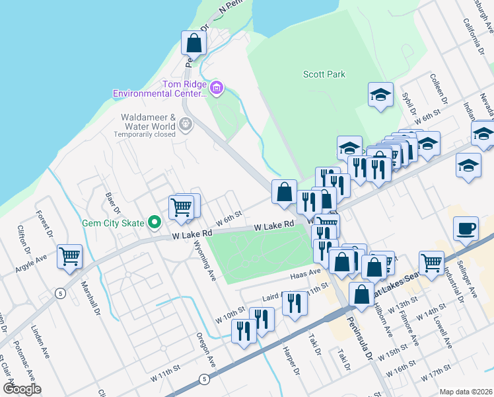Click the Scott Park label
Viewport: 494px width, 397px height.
[324, 75]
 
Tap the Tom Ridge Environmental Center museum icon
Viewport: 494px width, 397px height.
[217, 87]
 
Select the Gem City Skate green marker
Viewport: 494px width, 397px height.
[155, 222]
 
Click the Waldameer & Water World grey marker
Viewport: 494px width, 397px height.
[186, 123]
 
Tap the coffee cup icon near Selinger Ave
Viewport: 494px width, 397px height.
[466, 229]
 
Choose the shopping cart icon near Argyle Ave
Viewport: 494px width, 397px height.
[69, 255]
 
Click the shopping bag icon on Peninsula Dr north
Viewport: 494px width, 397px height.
[194, 44]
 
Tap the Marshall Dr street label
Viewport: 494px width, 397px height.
[90, 299]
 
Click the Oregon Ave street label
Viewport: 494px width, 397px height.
[206, 350]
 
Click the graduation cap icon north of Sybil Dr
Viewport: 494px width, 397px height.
[381, 95]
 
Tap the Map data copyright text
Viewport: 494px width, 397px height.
[466, 391]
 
